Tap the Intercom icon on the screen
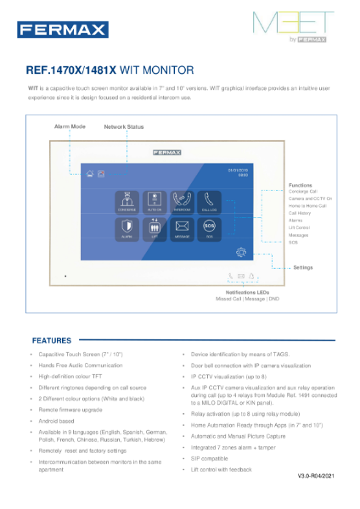(182, 201)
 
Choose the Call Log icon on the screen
(209, 201)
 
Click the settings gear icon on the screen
(243, 251)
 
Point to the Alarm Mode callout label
(70, 126)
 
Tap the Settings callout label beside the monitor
(303, 267)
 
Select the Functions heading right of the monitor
(301, 184)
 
